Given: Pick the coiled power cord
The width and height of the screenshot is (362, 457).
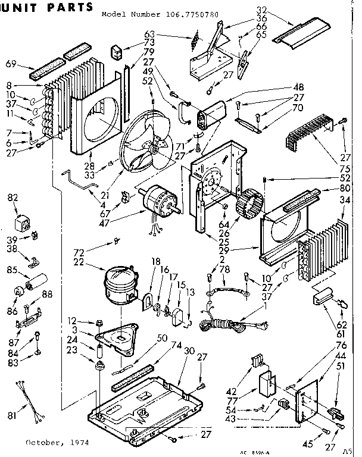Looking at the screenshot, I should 224,324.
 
